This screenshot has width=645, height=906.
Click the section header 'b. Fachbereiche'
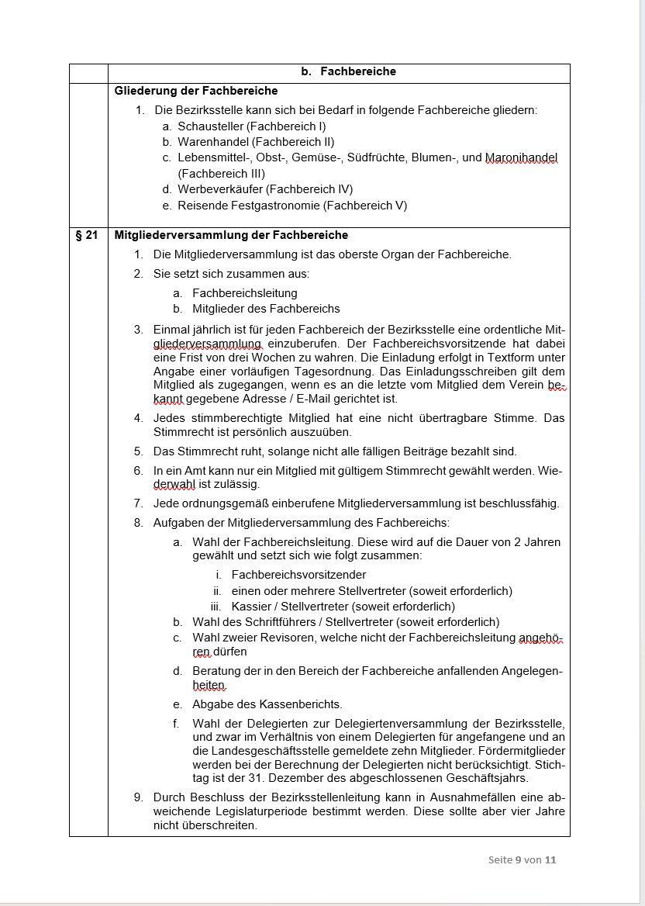[x=348, y=72]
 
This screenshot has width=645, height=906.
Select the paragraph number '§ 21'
[x=87, y=235]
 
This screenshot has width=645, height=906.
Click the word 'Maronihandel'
[x=521, y=158]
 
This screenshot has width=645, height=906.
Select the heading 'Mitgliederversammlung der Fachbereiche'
[x=231, y=235]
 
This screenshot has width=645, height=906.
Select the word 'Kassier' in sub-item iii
[x=249, y=607]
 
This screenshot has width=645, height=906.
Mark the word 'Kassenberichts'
[x=302, y=704]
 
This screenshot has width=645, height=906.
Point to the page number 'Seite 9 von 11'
[x=522, y=859]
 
